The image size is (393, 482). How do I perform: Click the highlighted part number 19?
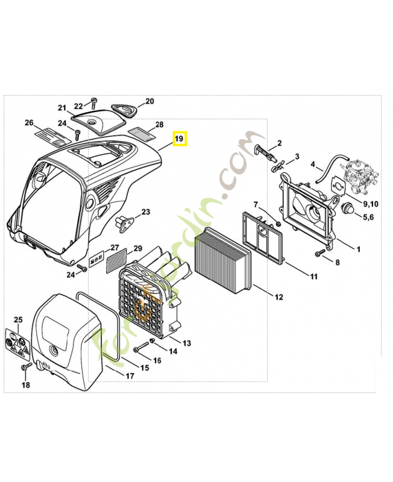(180, 139)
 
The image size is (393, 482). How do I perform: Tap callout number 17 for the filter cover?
(130, 375)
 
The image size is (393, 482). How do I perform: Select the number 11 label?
(313, 277)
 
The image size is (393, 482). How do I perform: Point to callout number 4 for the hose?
(313, 164)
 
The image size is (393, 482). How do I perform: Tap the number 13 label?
(187, 343)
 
